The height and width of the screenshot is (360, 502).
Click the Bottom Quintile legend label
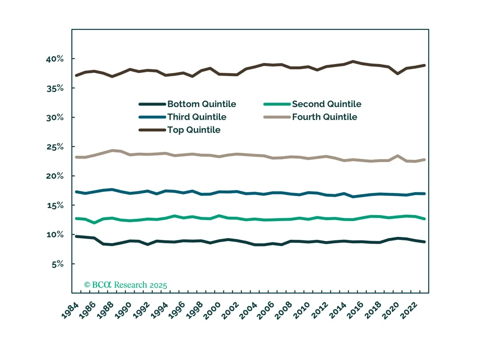202,104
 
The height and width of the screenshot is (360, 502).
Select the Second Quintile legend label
327,104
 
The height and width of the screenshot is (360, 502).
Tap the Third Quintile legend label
197,117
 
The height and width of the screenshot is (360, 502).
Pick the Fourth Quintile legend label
325,117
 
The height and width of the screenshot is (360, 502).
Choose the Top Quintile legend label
194,130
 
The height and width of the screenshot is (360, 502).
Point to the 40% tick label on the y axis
55,59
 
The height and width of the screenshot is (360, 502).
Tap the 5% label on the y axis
58,265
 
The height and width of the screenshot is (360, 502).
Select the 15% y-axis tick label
55,206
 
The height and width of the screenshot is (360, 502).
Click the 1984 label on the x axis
70,311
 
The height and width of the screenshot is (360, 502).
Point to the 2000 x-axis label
212,311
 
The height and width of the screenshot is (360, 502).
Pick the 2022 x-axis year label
409,311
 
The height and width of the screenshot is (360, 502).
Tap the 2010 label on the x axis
302,311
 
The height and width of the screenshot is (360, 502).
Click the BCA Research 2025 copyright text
125,285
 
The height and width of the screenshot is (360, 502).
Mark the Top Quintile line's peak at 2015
353,61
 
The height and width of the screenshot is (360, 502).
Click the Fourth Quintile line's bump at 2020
397,156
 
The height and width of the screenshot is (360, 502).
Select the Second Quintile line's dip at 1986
95,223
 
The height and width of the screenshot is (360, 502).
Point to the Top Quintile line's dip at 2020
397,74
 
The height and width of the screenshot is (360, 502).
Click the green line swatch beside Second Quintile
277,104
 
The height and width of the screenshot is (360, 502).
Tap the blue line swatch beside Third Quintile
152,117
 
